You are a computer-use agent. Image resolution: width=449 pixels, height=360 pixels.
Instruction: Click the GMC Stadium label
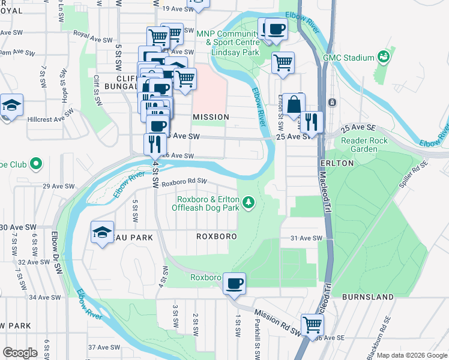coord(349,58)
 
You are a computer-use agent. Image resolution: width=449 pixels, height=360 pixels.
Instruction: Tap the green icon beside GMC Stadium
coord(383,58)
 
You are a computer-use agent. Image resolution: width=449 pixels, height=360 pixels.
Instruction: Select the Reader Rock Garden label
coord(364,145)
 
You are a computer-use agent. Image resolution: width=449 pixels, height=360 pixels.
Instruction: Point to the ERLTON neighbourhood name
coord(337,163)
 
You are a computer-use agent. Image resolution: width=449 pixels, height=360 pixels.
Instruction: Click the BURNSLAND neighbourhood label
coord(367,297)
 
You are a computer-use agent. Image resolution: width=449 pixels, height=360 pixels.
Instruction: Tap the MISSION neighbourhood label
coord(210,117)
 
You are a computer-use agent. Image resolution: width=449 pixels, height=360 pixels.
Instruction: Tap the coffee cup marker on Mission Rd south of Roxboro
coord(234,283)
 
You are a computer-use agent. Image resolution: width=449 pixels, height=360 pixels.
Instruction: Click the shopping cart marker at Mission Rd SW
coord(312,325)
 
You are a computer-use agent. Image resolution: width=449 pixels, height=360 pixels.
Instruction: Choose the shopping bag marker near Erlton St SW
coord(294,104)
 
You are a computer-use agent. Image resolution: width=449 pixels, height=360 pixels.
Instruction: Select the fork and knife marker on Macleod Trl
coord(311,122)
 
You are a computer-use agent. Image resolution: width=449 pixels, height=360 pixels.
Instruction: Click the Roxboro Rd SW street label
coord(184,181)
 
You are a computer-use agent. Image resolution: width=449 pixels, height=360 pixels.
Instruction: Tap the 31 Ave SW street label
coord(306,238)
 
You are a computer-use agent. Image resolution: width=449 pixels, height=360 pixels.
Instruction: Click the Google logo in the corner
coord(20,353)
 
